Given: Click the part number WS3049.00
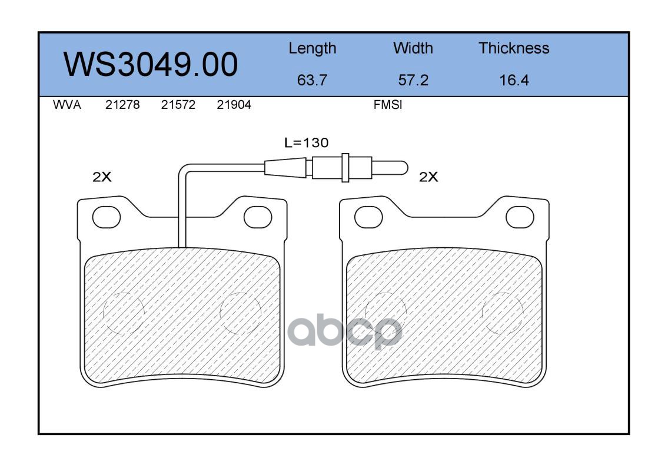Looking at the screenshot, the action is point(151,65).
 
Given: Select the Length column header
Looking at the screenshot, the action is point(313,49).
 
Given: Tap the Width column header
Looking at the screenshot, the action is point(413,48).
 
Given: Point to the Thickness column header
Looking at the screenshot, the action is point(514,48).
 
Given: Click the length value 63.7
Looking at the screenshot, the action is point(312,80).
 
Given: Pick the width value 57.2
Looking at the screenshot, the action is point(413,80).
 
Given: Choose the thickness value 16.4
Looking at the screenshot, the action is point(514,80).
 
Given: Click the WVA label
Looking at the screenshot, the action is point(67,105).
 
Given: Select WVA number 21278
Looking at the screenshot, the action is point(122,105).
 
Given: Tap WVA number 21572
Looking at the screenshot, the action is point(178,105).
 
